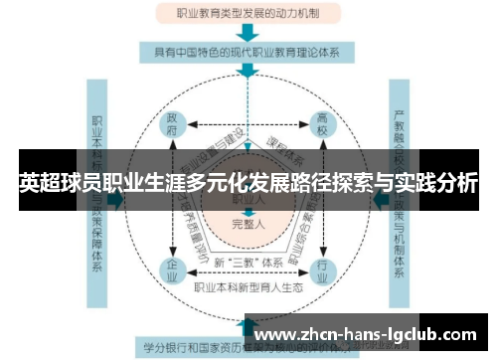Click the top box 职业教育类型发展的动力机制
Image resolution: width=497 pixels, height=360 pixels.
coord(248,14)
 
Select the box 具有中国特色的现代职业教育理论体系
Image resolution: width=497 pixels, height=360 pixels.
coord(248,52)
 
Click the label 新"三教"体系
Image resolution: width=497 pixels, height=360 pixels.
coord(248,262)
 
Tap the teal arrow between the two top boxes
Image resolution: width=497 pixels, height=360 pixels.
coord(248,33)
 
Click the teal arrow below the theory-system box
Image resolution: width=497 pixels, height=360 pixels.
coord(248,73)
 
